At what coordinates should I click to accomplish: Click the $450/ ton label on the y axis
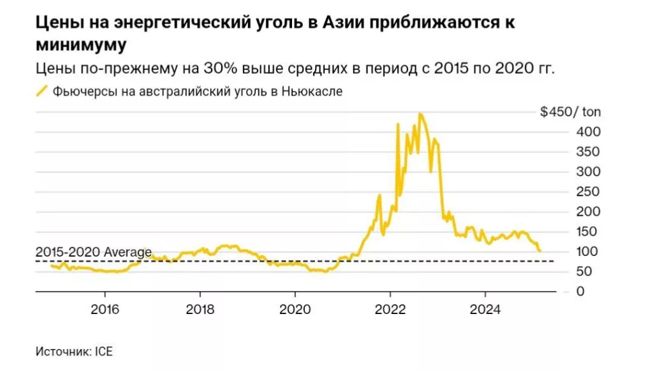(570, 113)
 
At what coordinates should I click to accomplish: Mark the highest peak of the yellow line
(420, 114)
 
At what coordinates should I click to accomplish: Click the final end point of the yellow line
(540, 251)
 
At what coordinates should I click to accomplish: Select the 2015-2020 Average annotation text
(94, 252)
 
